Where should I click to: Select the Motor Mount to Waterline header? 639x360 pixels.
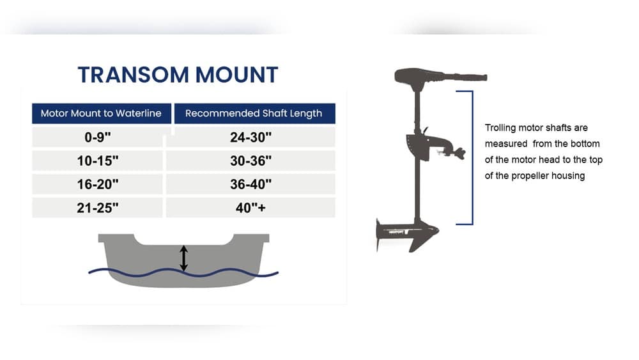[x=102, y=113]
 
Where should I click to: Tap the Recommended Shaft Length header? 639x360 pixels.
[x=253, y=113]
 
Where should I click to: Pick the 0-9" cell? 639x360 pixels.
[x=98, y=137]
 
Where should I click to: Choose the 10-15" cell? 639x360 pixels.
[x=98, y=161]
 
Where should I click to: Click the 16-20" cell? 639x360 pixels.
[x=98, y=184]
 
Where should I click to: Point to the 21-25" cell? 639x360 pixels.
[x=98, y=208]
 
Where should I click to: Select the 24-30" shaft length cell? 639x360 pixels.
[x=251, y=137]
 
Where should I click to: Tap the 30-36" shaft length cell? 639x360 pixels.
[x=251, y=161]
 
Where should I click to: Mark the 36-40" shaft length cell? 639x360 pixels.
[x=251, y=184]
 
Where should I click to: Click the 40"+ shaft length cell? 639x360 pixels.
[x=251, y=208]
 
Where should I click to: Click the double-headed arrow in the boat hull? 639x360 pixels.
[x=184, y=258]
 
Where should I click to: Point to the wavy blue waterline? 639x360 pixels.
[x=128, y=272]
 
